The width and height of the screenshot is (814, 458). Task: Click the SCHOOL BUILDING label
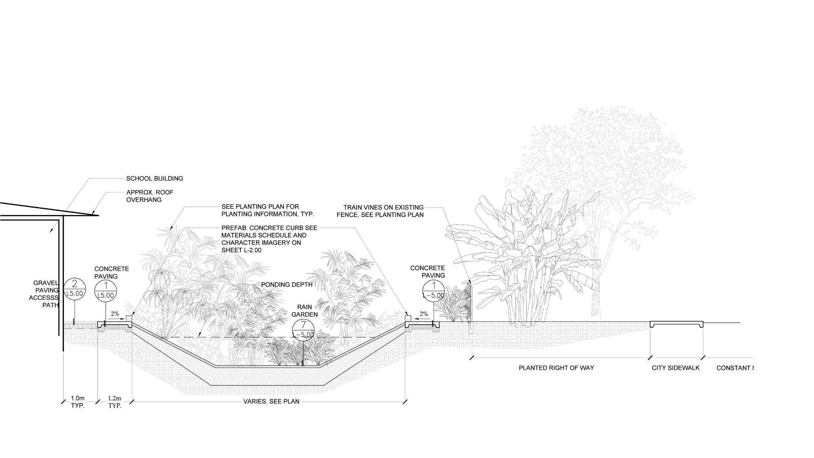(154, 179)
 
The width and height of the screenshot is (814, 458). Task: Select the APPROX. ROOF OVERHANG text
(150, 196)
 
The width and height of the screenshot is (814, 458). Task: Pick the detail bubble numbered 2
(75, 288)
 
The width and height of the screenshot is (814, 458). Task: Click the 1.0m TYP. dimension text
(78, 402)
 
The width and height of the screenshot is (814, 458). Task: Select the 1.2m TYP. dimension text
(114, 402)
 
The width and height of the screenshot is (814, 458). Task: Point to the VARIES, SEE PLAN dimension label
(271, 401)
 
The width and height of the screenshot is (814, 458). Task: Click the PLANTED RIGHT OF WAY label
(556, 368)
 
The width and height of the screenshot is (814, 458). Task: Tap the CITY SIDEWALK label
(675, 368)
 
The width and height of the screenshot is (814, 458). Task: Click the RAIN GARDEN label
(304, 311)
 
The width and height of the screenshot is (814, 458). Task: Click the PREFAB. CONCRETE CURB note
(269, 239)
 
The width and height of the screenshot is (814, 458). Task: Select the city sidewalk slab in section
(677, 324)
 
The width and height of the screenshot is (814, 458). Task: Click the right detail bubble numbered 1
(434, 290)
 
